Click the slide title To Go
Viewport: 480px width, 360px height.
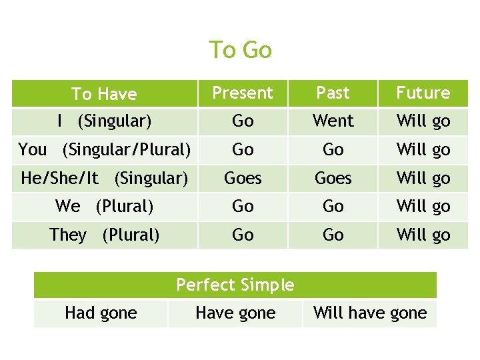click(240, 50)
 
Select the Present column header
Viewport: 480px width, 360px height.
click(243, 93)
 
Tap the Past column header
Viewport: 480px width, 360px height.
click(333, 93)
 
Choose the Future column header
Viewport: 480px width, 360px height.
click(423, 93)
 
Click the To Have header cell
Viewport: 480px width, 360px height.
click(104, 94)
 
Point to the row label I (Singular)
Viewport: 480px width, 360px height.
click(104, 121)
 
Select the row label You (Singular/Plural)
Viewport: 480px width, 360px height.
click(104, 149)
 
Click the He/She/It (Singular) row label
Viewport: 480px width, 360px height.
click(104, 178)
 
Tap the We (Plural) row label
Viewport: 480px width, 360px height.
click(104, 207)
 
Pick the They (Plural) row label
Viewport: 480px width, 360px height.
click(104, 235)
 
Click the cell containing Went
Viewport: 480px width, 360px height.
click(333, 121)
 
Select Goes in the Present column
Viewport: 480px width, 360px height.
click(243, 179)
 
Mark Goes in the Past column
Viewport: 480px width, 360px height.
click(333, 179)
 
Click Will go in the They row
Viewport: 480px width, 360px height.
click(423, 235)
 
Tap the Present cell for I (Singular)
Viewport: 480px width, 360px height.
click(243, 121)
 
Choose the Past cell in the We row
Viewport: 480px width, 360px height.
click(333, 207)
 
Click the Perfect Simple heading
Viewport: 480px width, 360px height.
click(235, 285)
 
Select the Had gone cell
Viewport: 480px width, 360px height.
click(101, 313)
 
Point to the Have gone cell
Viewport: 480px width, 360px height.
click(235, 313)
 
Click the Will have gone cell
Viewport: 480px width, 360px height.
click(370, 313)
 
